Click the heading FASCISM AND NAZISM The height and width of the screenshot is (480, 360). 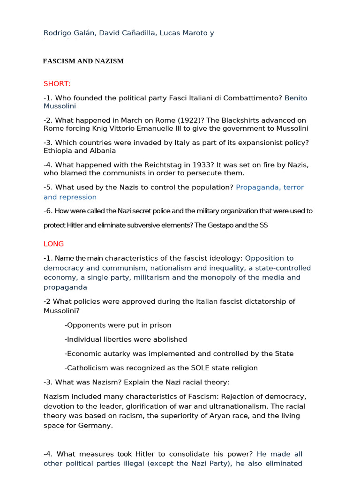[83, 61]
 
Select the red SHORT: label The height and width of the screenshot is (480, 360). [57, 84]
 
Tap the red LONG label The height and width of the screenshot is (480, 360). [53, 244]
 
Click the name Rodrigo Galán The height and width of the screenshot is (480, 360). [68, 33]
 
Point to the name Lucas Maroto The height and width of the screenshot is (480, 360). [180, 33]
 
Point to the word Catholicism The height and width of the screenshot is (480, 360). [87, 368]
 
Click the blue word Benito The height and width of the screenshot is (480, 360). [296, 98]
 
